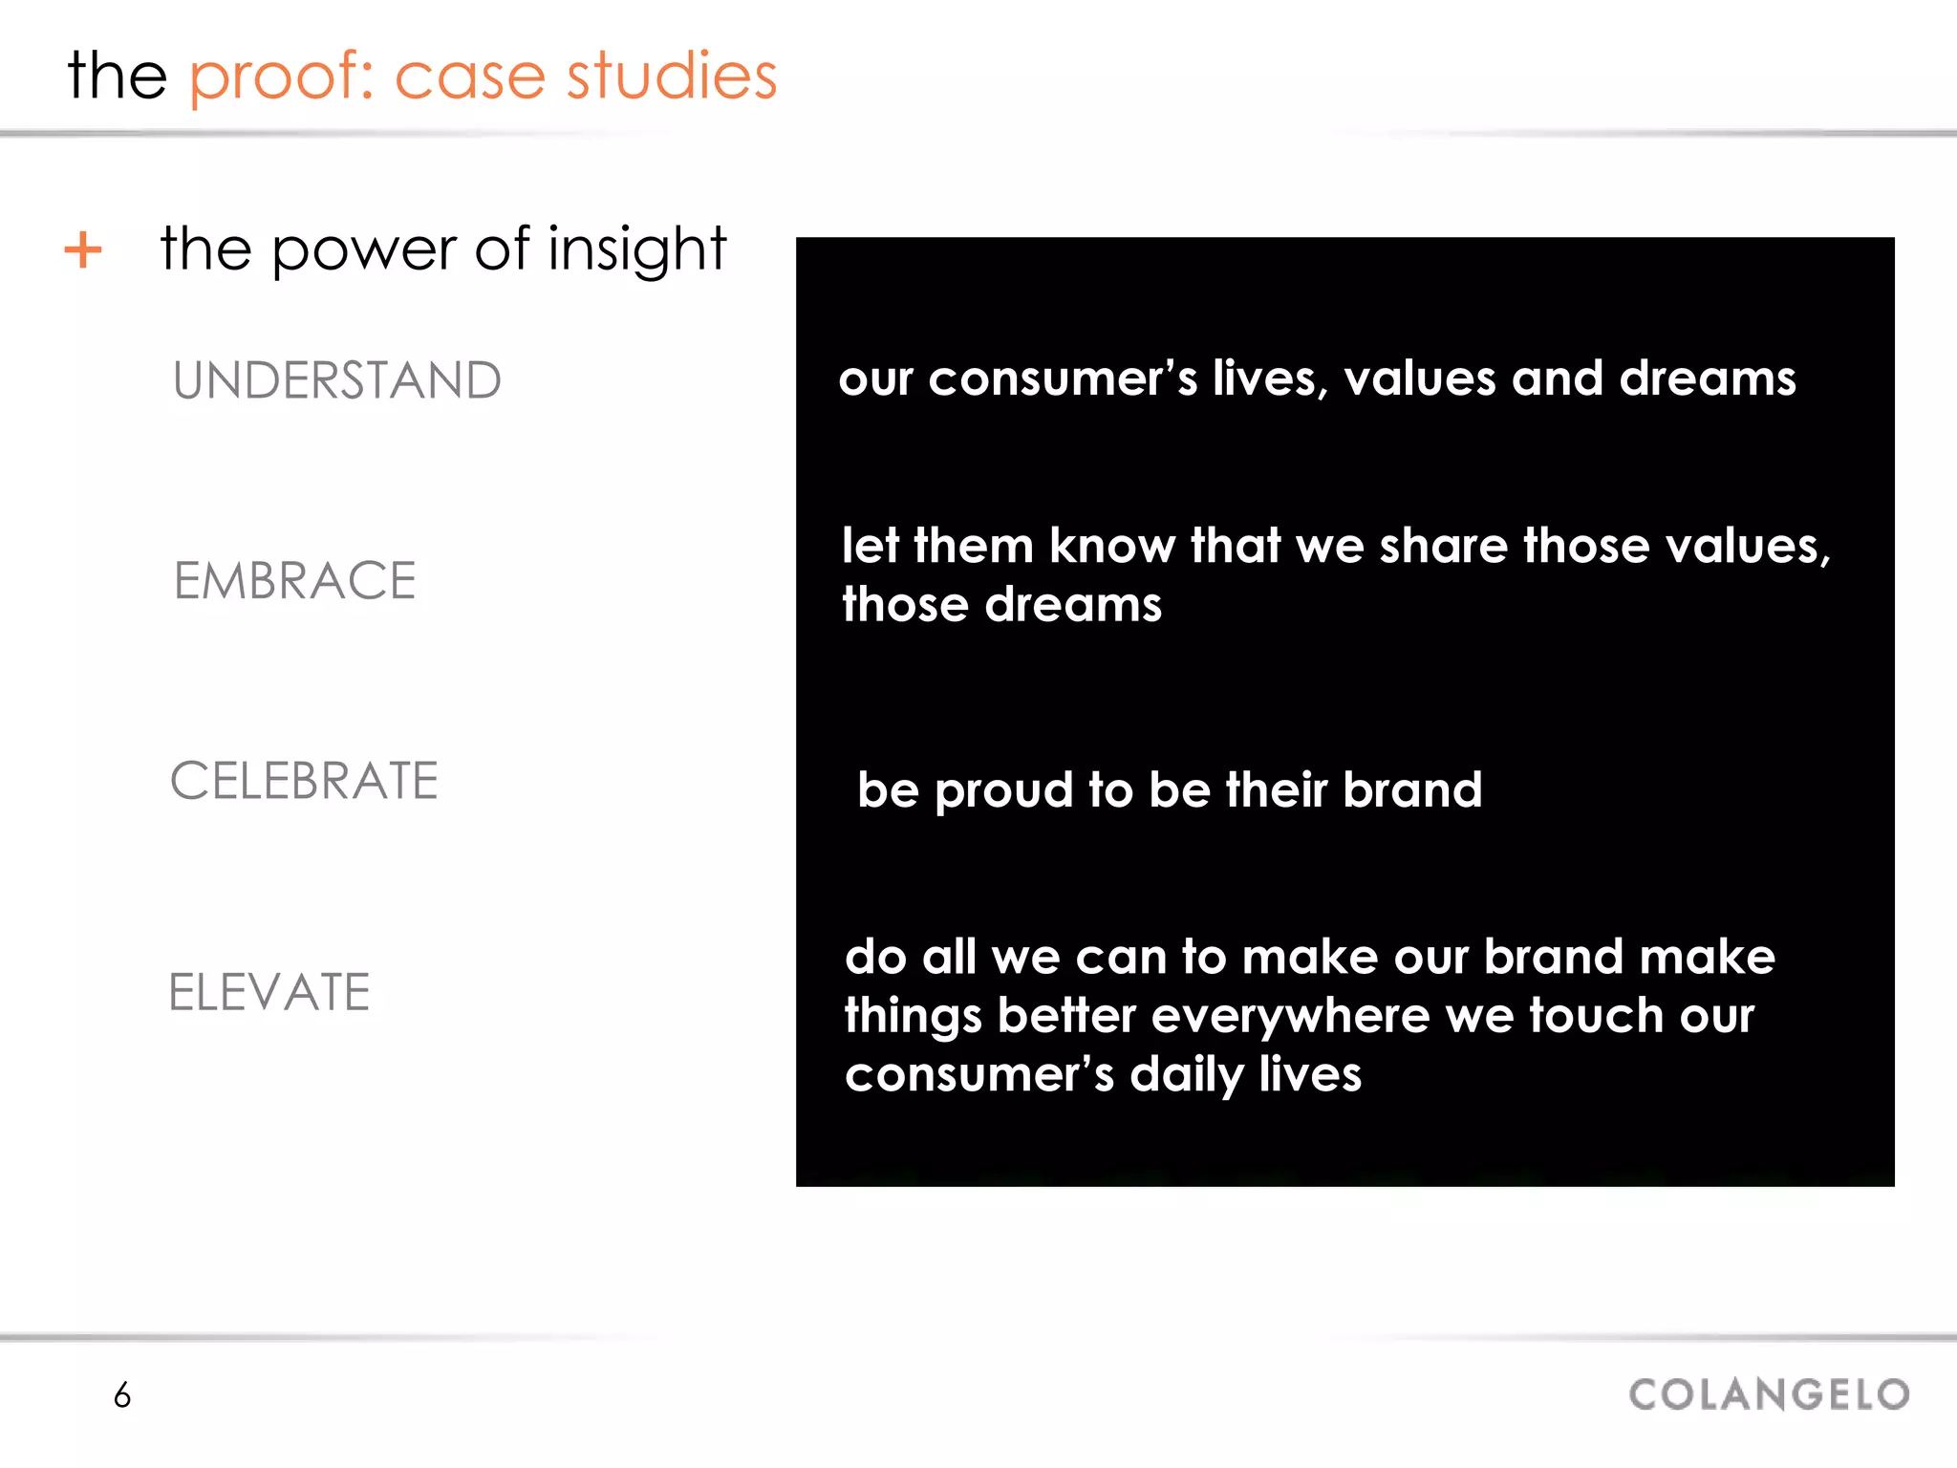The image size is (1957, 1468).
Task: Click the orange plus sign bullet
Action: pyautogui.click(x=83, y=250)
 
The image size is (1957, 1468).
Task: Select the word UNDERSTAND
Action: pyautogui.click(x=336, y=380)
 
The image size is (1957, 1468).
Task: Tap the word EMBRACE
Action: pyautogui.click(x=294, y=581)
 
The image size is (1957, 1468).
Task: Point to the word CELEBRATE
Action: pyautogui.click(x=304, y=781)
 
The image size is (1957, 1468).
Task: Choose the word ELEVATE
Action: pyautogui.click(x=269, y=992)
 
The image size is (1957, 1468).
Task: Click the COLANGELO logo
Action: pyautogui.click(x=1769, y=1394)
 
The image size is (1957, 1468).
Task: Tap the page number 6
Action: pyautogui.click(x=122, y=1395)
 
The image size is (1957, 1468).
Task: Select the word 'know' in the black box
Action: pyautogui.click(x=1111, y=547)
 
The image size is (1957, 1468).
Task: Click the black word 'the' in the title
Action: pyautogui.click(x=118, y=76)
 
